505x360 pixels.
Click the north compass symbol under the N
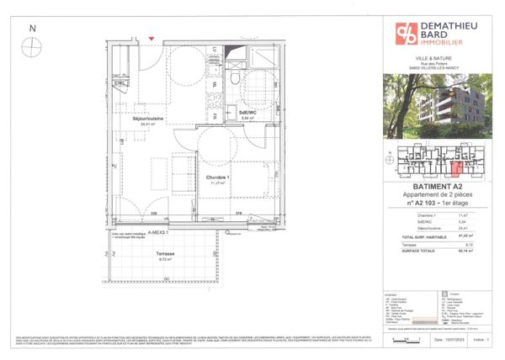tap(33, 47)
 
